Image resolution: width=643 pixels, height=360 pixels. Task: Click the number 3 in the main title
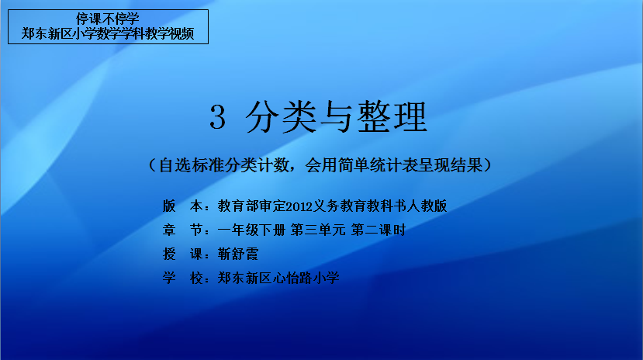point(217,116)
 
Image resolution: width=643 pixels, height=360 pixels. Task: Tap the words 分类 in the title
point(281,117)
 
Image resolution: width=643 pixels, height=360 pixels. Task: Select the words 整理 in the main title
point(392,117)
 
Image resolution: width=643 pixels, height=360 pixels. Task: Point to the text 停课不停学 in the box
point(108,19)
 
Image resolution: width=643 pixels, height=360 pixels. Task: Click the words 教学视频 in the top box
point(169,33)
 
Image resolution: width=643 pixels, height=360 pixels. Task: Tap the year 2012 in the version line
point(299,206)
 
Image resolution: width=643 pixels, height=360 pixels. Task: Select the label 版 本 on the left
point(182,206)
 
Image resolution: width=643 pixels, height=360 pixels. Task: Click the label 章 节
point(182,230)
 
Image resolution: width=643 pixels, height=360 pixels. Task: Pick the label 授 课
point(182,254)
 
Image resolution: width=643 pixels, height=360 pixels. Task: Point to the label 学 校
point(182,278)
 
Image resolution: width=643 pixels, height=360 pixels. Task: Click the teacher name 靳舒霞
point(238,254)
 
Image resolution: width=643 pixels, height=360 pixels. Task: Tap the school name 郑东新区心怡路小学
point(278,278)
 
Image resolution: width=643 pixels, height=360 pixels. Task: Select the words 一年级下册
point(251,230)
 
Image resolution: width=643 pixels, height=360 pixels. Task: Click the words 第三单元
point(318,230)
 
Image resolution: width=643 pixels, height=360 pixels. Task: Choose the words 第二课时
point(379,230)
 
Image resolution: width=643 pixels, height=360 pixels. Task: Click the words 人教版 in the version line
point(427,206)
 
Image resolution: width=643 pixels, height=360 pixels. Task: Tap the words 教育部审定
point(251,206)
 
